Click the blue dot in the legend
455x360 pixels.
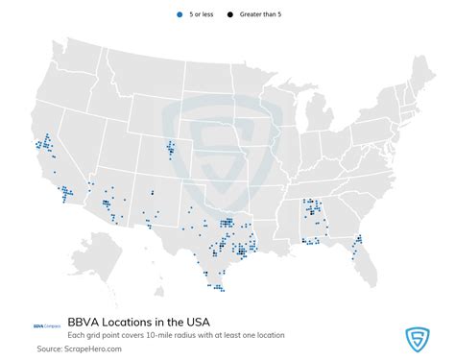(180, 15)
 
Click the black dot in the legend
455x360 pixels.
(230, 15)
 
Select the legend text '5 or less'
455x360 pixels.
(203, 15)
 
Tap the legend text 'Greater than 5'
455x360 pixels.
(262, 15)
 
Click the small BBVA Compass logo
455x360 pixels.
(46, 324)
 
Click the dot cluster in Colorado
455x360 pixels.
(171, 150)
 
